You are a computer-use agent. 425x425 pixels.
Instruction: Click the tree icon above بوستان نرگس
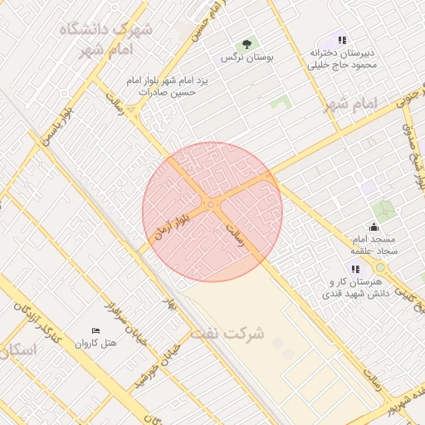pyautogui.click(x=246, y=44)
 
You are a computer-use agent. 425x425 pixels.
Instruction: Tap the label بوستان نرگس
pyautogui.click(x=247, y=58)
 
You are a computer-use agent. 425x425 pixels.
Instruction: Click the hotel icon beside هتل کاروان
pyautogui.click(x=96, y=330)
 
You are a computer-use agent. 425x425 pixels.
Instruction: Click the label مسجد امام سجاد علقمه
pyautogui.click(x=373, y=245)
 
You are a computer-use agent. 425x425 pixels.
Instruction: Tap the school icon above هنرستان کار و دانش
pyautogui.click(x=355, y=269)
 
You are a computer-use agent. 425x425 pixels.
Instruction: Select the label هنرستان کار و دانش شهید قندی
pyautogui.click(x=355, y=287)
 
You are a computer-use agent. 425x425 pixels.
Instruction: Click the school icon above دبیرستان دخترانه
pyautogui.click(x=342, y=39)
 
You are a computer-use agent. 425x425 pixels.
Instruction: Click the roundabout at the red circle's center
pyautogui.click(x=212, y=204)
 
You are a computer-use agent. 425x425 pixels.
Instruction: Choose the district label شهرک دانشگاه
pyautogui.click(x=106, y=30)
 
